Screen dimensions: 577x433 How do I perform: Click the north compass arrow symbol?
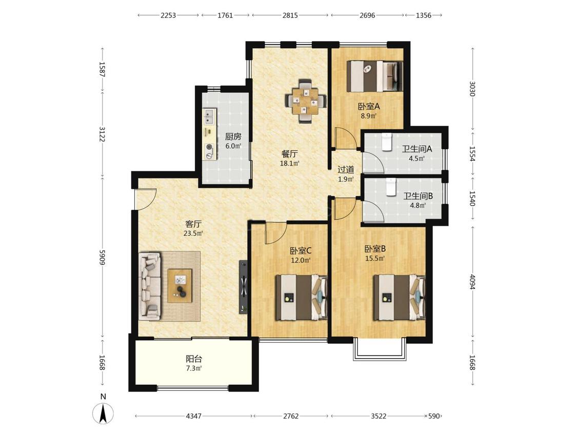[104, 413]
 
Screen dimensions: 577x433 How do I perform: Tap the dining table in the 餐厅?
[306, 101]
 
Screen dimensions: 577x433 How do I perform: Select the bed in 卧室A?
[374, 76]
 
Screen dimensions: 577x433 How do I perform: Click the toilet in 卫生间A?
[386, 142]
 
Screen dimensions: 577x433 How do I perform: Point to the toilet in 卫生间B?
[390, 187]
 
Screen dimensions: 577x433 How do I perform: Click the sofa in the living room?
[150, 286]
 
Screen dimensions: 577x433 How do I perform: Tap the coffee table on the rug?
[180, 286]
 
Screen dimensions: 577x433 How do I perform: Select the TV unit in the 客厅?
[243, 287]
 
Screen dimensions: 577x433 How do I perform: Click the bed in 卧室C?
[302, 297]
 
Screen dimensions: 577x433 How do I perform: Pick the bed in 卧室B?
[399, 297]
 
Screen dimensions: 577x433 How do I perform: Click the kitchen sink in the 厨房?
[209, 115]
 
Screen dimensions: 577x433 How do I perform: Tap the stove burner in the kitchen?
[209, 147]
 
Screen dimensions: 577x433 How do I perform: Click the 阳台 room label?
[194, 359]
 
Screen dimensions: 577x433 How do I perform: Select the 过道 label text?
[346, 170]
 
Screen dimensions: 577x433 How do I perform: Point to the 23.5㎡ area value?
[193, 233]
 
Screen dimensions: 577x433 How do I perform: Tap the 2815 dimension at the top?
[290, 15]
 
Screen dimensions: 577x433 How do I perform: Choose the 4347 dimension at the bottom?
[193, 416]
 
